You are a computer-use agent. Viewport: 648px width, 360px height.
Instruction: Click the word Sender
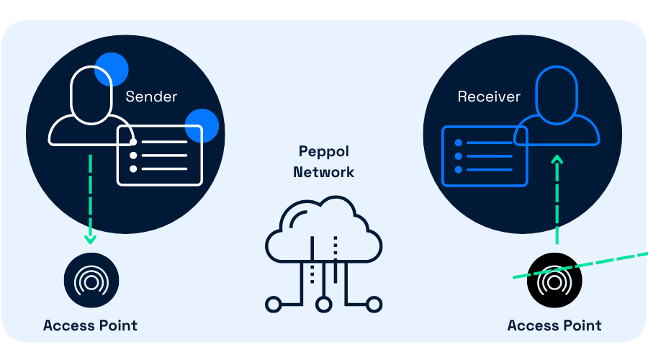(x=151, y=96)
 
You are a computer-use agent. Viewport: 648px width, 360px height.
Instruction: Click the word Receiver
(x=489, y=96)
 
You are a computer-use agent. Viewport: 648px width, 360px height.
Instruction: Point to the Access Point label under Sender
(x=90, y=325)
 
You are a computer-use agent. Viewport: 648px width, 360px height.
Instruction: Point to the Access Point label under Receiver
(x=554, y=325)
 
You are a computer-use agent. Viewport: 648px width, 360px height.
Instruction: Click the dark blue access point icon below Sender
(x=91, y=281)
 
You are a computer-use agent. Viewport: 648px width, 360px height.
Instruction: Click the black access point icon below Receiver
(x=554, y=281)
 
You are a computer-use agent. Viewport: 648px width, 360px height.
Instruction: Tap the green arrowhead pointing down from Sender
(x=90, y=238)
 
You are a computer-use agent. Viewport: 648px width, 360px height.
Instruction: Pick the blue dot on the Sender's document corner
(x=202, y=126)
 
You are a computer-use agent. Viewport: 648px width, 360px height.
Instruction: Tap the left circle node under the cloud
(x=273, y=305)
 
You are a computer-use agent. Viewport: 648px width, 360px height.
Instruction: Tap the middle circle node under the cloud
(x=324, y=305)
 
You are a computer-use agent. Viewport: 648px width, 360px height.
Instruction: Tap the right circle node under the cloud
(x=374, y=305)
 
